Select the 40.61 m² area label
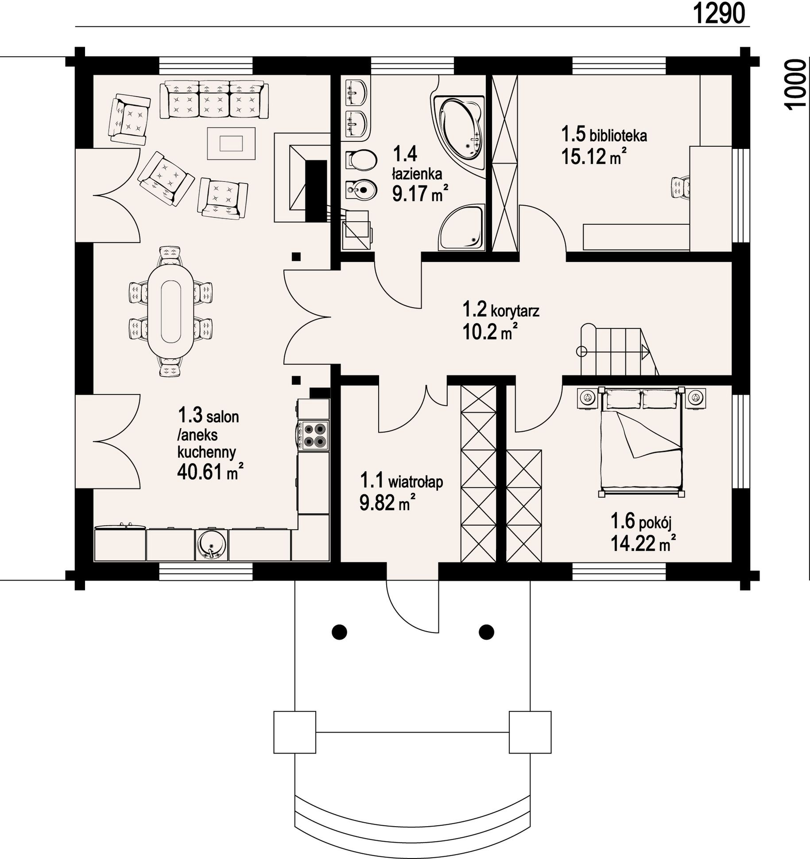(210, 472)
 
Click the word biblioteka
(618, 135)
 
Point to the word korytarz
(515, 311)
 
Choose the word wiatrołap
(415, 482)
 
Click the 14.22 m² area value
(643, 543)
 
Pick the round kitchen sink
(212, 545)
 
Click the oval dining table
(171, 312)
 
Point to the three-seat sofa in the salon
(214, 100)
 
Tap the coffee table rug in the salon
(231, 143)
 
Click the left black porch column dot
(339, 632)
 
